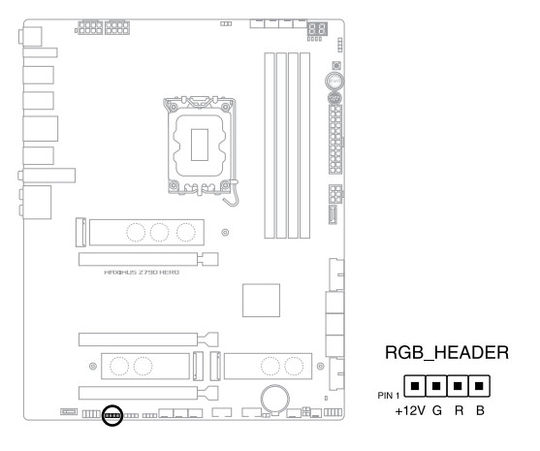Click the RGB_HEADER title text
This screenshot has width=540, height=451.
pyautogui.click(x=447, y=353)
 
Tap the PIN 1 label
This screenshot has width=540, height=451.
pyautogui.click(x=389, y=396)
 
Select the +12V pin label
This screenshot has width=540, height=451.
pyautogui.click(x=410, y=410)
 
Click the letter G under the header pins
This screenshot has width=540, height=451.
pyautogui.click(x=437, y=410)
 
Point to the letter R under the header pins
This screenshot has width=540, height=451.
pyautogui.click(x=459, y=410)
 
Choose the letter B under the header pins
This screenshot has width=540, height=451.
pyautogui.click(x=480, y=410)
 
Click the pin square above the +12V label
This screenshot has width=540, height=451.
pyautogui.click(x=415, y=386)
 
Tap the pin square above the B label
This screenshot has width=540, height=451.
pyautogui.click(x=479, y=386)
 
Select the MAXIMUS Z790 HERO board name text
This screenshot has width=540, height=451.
pyautogui.click(x=142, y=273)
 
